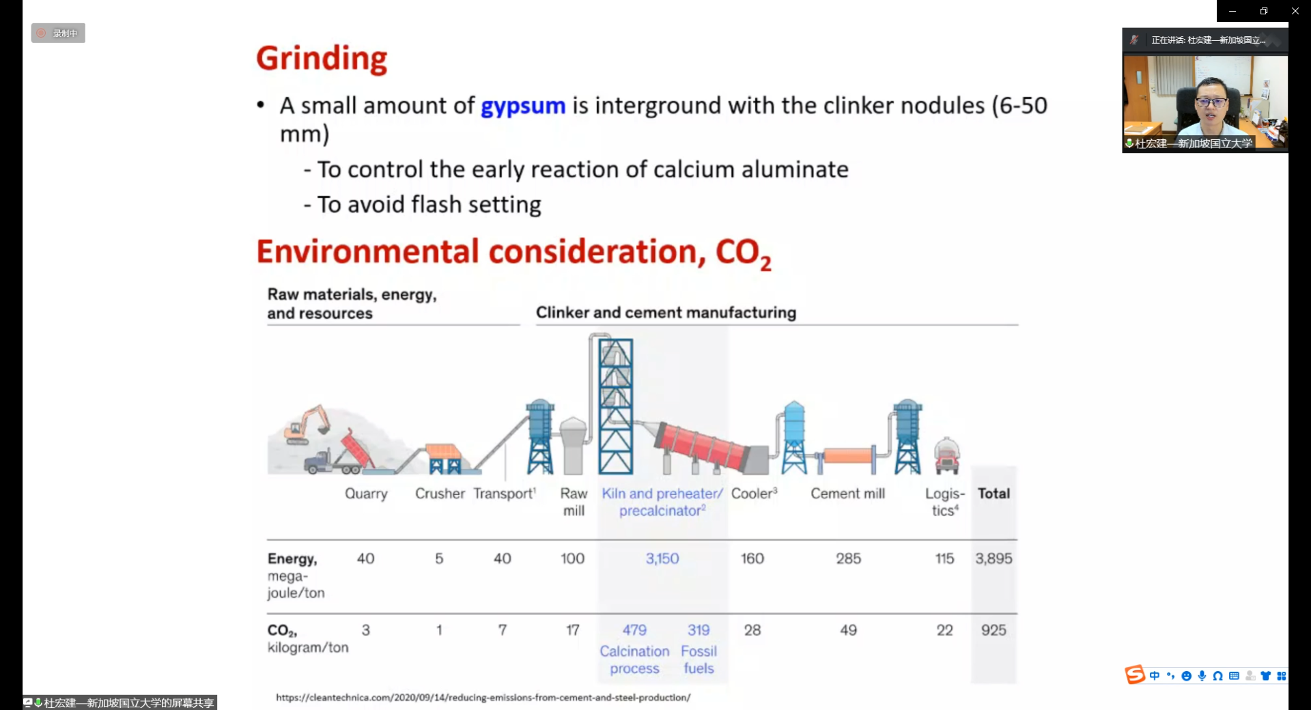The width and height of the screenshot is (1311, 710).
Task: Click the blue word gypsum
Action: pyautogui.click(x=523, y=106)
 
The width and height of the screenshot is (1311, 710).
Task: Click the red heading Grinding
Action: pyautogui.click(x=322, y=59)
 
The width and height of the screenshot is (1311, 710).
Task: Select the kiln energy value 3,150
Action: pyautogui.click(x=662, y=558)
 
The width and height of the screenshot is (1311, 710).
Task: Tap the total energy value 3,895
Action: pyautogui.click(x=993, y=558)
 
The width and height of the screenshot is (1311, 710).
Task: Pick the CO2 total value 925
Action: pyautogui.click(x=993, y=630)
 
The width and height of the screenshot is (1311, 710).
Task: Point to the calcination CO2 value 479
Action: pyautogui.click(x=634, y=630)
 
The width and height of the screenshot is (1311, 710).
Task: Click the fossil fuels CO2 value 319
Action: pyautogui.click(x=699, y=630)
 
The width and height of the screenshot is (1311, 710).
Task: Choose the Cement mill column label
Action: pyautogui.click(x=847, y=494)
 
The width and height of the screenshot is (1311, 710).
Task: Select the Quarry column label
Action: pyautogui.click(x=366, y=494)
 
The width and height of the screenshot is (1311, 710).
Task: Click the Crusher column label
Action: pyautogui.click(x=440, y=494)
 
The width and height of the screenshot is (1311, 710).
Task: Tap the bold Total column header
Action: pyautogui.click(x=993, y=494)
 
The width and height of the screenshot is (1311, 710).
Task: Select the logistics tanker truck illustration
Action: pyautogui.click(x=947, y=455)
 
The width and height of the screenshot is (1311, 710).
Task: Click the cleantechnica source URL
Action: pyautogui.click(x=483, y=697)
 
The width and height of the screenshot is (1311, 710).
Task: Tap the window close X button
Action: pyautogui.click(x=1295, y=11)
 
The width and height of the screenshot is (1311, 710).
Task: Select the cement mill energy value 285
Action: pyautogui.click(x=848, y=558)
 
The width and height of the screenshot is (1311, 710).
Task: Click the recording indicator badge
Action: pyautogui.click(x=58, y=33)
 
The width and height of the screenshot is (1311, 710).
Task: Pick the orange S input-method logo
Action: pyautogui.click(x=1134, y=674)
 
